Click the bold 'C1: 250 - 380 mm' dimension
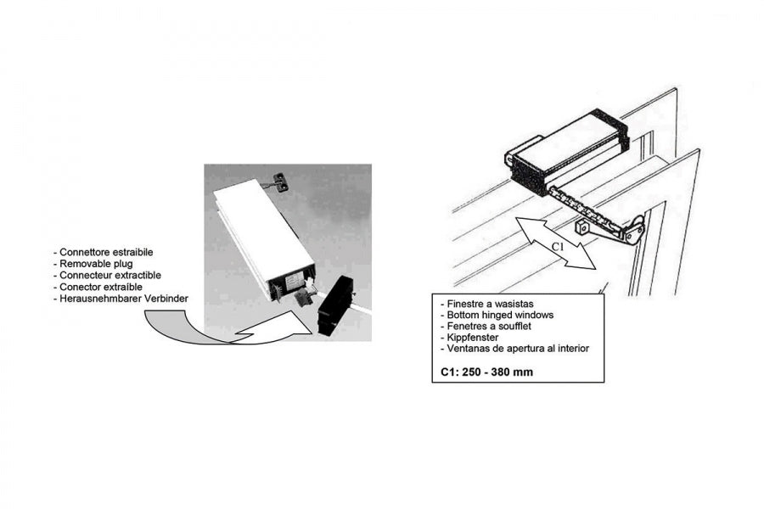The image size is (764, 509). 486,372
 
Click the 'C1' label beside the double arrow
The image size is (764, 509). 559,247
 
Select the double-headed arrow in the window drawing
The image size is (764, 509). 556,243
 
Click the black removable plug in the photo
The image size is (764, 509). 335,305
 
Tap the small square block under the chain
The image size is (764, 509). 582,227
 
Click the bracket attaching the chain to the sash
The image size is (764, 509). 633,230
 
